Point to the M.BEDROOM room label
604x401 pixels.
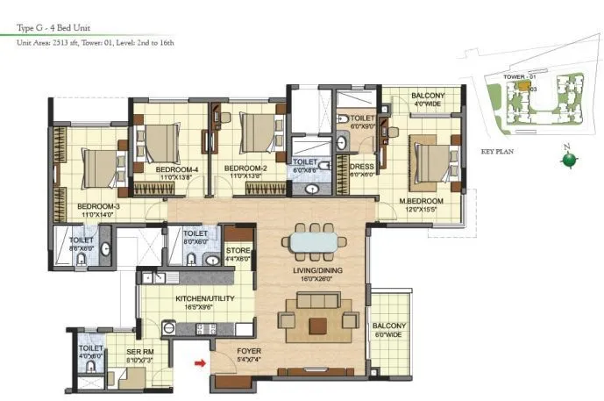pyautogui.click(x=421, y=200)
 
